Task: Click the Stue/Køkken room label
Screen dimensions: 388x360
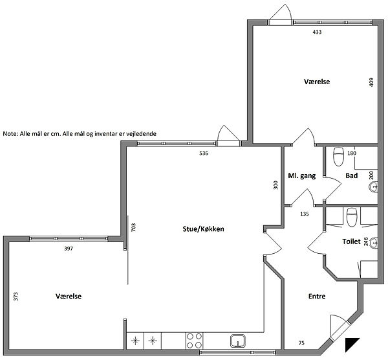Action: coord(203,229)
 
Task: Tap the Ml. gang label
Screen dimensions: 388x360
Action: coord(301,175)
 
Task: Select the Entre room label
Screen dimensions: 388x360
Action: coord(317,296)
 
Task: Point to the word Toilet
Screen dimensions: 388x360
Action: coord(351,242)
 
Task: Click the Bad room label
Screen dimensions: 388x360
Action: coord(352,175)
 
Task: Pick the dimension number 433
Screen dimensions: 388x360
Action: coord(317,32)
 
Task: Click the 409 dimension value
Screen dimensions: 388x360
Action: coord(371,82)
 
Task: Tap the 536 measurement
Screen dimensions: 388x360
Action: coord(204,153)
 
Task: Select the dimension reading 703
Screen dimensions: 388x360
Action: coord(133,227)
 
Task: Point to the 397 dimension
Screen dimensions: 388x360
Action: coord(69,249)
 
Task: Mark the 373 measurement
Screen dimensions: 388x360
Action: coord(16,297)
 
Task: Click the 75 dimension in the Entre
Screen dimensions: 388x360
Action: coord(301,343)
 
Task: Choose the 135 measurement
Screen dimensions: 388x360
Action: coord(305,214)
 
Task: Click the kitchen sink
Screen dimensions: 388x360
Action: coord(238,341)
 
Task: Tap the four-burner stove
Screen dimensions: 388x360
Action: coord(194,341)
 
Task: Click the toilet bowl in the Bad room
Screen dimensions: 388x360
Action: coord(339,157)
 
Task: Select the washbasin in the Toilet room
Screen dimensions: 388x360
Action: coord(374,243)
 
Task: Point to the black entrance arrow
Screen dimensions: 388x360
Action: coord(350,343)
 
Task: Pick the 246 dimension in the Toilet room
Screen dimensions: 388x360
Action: coord(366,242)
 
